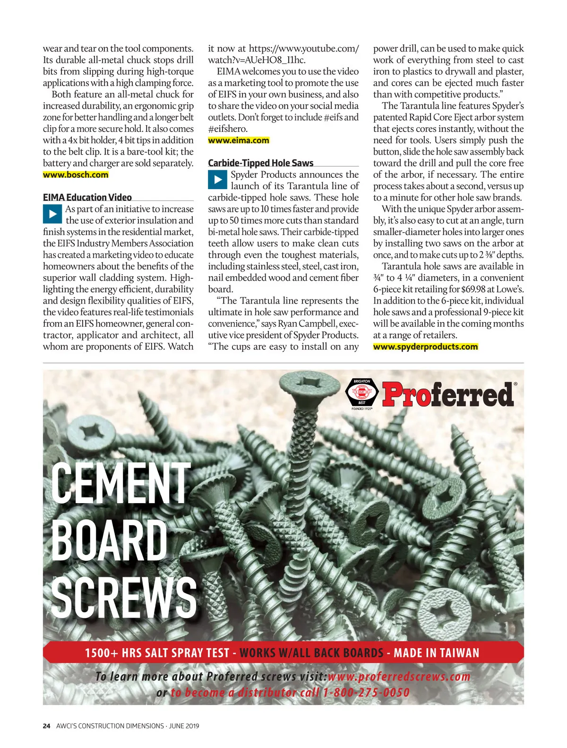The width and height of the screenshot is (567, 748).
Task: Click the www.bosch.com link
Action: pyautogui.click(x=76, y=174)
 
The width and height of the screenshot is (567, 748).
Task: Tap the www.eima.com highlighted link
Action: pyautogui.click(x=239, y=140)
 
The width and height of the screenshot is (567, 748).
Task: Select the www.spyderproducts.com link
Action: pyautogui.click(x=425, y=347)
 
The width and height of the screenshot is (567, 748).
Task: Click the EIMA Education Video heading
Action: pyautogui.click(x=87, y=197)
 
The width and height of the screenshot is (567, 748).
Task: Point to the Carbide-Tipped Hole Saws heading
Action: pyautogui.click(x=261, y=163)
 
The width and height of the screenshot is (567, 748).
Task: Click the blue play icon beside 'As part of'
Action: pyautogui.click(x=52, y=214)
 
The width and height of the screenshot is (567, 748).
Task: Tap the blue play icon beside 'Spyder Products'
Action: pyautogui.click(x=217, y=179)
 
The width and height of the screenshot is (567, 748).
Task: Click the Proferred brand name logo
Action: pyautogui.click(x=448, y=395)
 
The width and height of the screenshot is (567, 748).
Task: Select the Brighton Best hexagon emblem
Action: pyautogui.click(x=361, y=392)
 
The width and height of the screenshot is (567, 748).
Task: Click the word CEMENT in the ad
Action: pyautogui.click(x=120, y=483)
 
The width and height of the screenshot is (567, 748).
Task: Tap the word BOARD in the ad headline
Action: pyautogui.click(x=110, y=541)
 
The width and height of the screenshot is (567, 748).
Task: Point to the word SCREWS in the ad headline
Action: pyautogui.click(x=124, y=597)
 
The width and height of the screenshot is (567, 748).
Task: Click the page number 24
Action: pyautogui.click(x=46, y=726)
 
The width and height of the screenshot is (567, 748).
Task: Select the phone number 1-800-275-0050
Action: pyautogui.click(x=366, y=693)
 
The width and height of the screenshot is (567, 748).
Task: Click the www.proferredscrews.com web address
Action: pyautogui.click(x=399, y=677)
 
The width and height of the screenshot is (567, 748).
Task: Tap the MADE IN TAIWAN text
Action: pyautogui.click(x=437, y=653)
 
